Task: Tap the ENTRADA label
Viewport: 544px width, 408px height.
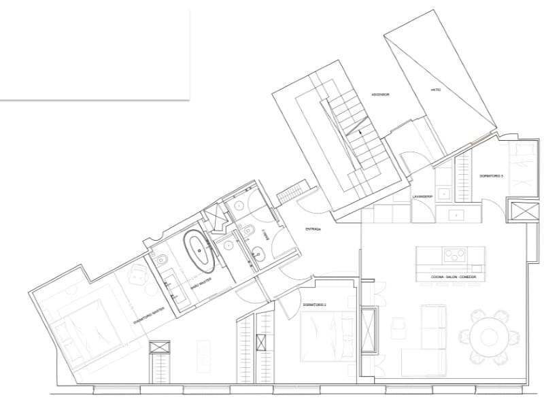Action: (x=313, y=229)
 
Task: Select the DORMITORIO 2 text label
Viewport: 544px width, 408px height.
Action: (x=317, y=305)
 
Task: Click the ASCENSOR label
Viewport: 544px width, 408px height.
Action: (x=379, y=95)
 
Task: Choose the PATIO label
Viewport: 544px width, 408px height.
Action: (x=436, y=90)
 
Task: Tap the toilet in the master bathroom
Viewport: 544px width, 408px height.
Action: (x=162, y=260)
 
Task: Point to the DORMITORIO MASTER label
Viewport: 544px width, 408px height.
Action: (x=150, y=311)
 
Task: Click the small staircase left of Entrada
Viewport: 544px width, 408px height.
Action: (x=291, y=192)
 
